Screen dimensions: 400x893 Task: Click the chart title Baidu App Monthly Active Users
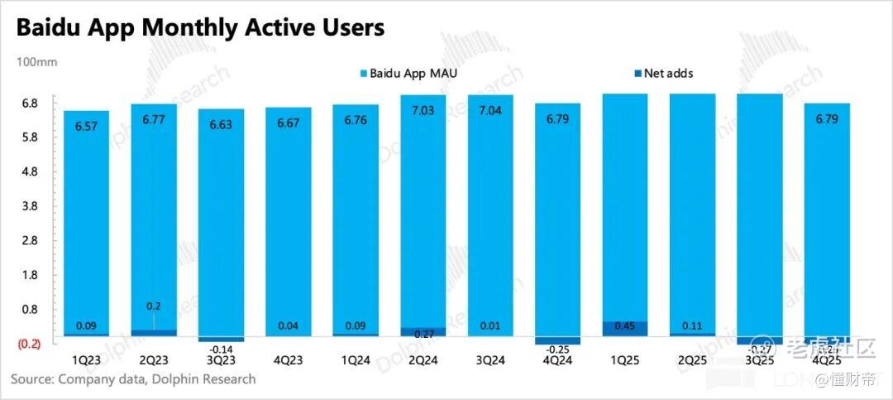(200, 27)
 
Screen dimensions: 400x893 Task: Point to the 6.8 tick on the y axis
(31, 104)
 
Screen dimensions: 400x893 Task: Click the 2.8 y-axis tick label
(31, 240)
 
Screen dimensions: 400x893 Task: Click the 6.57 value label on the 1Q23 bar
(86, 127)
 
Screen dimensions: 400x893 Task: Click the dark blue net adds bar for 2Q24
(423, 331)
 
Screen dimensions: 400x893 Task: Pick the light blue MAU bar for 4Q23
(288, 224)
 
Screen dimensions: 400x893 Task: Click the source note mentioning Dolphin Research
(133, 379)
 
